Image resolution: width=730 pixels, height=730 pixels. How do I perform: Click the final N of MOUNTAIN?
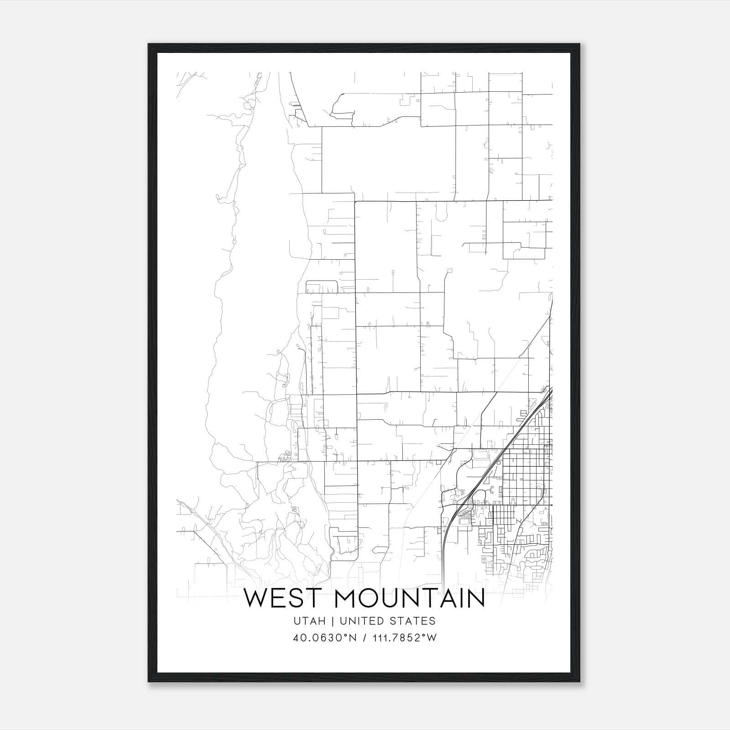[x=474, y=599]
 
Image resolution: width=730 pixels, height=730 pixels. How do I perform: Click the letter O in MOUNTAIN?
[x=368, y=599]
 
